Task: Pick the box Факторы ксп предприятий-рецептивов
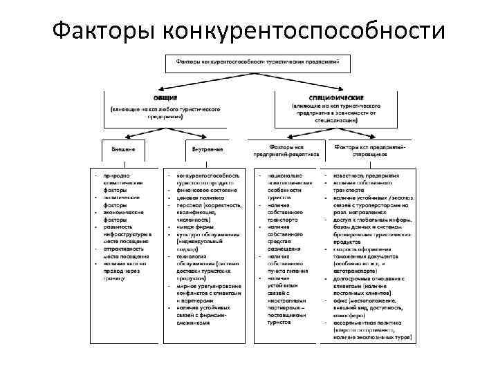pos(286,151)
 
